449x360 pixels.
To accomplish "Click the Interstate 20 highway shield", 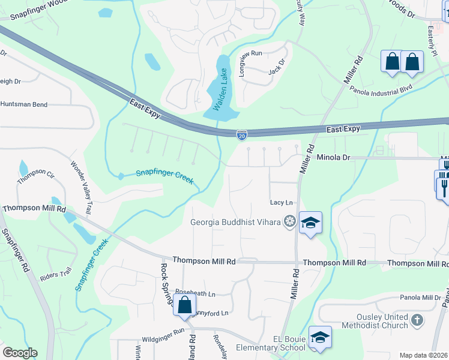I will pos(241,136).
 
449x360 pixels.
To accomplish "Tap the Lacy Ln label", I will pos(281,203).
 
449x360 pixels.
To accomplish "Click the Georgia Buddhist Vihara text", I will pos(235,222).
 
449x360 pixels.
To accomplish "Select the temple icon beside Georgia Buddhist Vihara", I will pos(290,222).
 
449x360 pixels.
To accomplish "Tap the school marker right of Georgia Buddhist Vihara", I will pos(310,223).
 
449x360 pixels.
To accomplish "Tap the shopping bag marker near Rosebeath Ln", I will pos(184,304).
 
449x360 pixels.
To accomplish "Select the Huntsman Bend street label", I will pos(23,104).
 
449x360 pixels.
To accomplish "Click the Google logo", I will pos(20,352).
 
